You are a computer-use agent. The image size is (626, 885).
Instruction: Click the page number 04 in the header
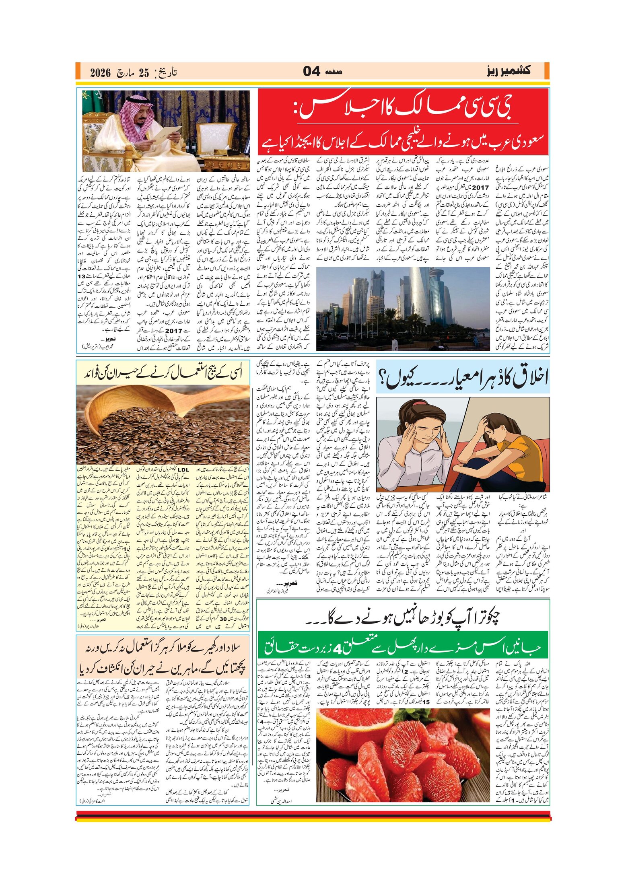tap(311, 72)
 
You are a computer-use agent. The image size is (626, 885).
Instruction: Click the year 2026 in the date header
tap(100, 73)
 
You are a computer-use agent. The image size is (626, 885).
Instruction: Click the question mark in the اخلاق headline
tap(385, 379)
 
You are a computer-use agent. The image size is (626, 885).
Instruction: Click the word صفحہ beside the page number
tap(333, 72)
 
